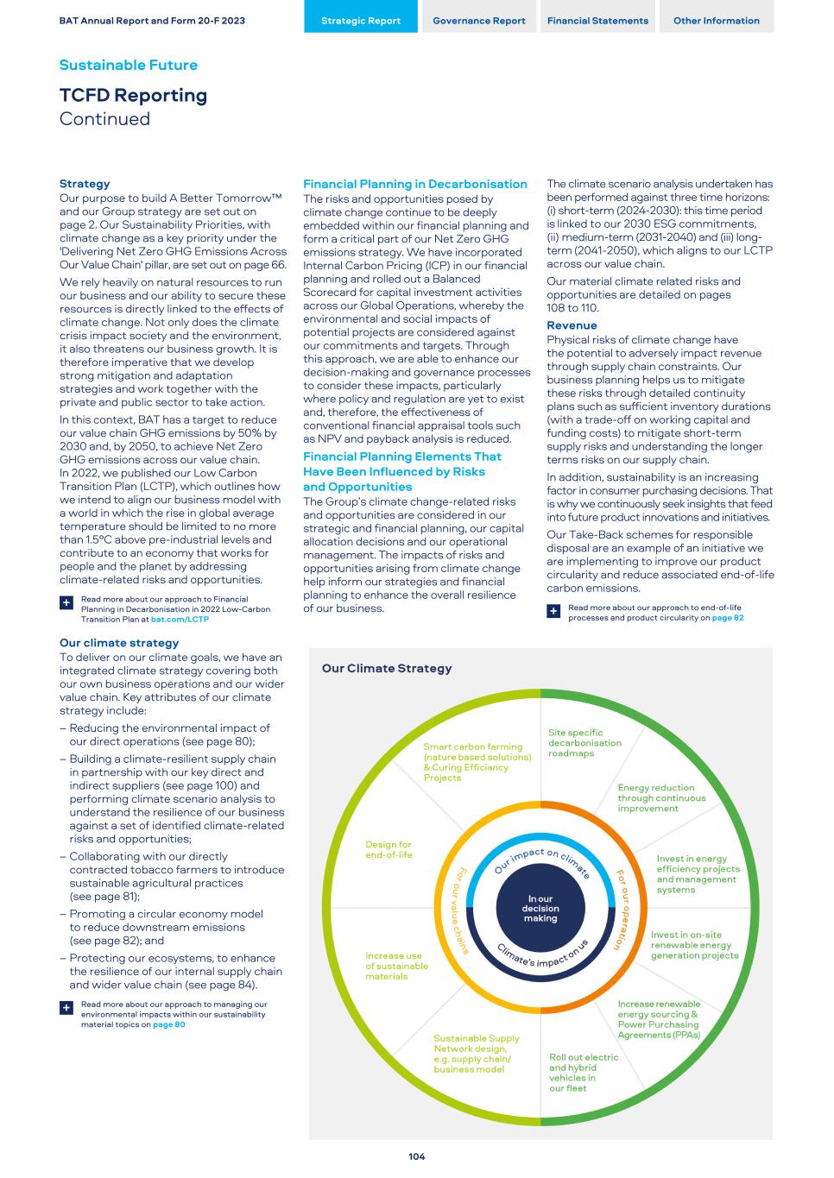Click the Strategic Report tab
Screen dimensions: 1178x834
coord(360,21)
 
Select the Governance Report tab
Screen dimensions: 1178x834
coord(479,21)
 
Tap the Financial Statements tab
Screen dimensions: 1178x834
coord(597,21)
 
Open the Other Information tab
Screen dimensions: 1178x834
coord(717,21)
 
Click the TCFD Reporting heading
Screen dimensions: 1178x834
coord(133,95)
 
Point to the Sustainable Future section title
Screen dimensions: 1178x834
coord(128,65)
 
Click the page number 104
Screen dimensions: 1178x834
coord(417,1156)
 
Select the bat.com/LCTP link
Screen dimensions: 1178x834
coord(180,620)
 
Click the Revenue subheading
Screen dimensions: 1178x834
coord(572,325)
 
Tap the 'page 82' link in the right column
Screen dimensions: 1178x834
coord(728,618)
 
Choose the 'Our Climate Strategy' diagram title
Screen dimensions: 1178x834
coord(386,668)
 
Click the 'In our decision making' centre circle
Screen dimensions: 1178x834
coord(540,909)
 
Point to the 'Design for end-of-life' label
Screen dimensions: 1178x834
coord(389,850)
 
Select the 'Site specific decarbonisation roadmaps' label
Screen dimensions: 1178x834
coord(584,743)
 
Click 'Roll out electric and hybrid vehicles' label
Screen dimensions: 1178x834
coord(584,1073)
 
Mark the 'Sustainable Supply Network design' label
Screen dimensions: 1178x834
coord(477,1054)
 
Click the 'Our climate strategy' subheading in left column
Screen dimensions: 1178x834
coord(119,643)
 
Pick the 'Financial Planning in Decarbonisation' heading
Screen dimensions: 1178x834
coord(414,184)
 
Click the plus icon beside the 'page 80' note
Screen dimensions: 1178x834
coord(66,1008)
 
